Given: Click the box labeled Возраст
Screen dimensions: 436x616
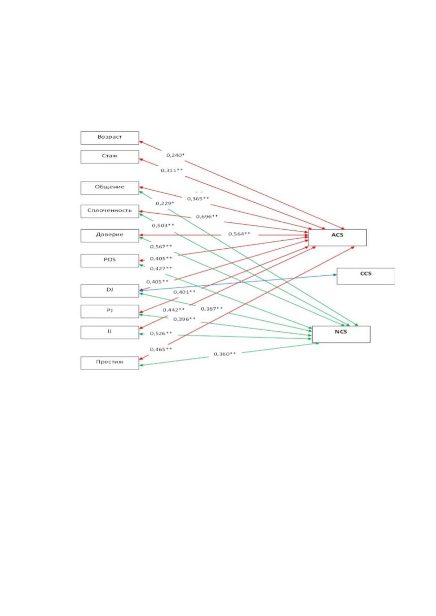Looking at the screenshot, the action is click(109, 138).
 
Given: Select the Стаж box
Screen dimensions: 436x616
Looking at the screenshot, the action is click(109, 157).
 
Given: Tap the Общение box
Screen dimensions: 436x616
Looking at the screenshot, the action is click(109, 188).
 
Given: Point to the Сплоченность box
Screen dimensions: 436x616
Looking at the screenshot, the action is click(109, 211).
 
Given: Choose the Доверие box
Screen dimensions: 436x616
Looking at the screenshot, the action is click(109, 236).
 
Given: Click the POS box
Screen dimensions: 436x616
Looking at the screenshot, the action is click(109, 261).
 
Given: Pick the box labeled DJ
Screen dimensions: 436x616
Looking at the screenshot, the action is click(109, 291).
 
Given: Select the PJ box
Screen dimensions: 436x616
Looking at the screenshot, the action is click(109, 311).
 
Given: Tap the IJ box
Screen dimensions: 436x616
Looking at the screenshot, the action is click(109, 332).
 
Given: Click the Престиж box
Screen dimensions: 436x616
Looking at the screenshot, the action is click(109, 363).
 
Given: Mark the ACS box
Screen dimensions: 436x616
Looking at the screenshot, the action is click(338, 238).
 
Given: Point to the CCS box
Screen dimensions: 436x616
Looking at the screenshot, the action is click(366, 276).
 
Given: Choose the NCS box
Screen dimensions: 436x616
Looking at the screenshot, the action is click(341, 334).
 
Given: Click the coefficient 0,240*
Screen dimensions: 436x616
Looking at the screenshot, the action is click(175, 155).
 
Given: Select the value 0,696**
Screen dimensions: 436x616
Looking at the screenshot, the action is click(207, 217).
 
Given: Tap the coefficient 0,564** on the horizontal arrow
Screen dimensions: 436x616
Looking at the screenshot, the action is click(239, 234).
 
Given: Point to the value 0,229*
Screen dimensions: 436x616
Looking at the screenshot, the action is click(165, 203).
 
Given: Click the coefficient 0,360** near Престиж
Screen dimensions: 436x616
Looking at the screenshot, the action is click(225, 354).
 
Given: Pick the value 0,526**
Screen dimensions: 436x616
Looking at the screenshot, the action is click(161, 333).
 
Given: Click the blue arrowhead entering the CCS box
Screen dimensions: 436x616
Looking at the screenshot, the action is click(335, 275).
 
